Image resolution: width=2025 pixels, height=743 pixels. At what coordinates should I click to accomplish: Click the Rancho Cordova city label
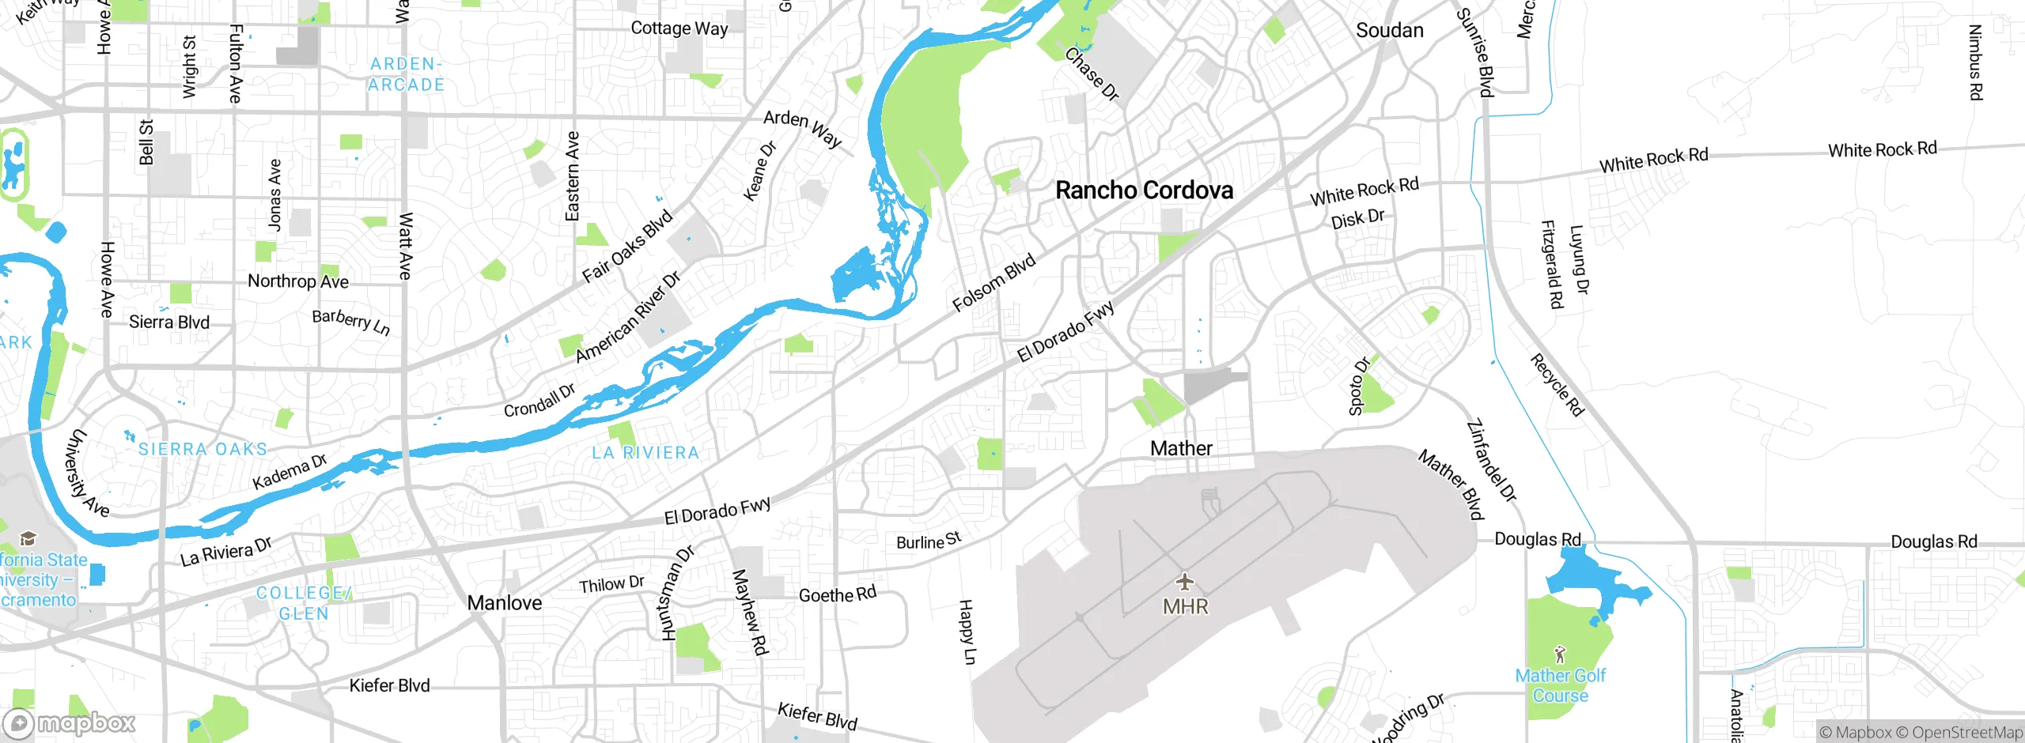pos(1144,190)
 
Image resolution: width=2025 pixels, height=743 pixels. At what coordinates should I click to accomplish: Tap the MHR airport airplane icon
pos(1184,583)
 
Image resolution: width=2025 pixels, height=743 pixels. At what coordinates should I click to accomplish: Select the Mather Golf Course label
pos(1560,685)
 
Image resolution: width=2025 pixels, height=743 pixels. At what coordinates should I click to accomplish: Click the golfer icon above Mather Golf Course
pos(1560,654)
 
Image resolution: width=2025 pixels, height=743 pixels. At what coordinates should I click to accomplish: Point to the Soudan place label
pos(1389,31)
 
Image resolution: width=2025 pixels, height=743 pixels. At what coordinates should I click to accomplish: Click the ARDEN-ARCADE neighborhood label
pos(406,74)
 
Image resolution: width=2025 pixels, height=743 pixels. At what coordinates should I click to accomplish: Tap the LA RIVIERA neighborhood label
pos(645,453)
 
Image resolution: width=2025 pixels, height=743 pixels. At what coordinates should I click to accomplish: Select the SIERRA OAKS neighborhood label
pos(202,449)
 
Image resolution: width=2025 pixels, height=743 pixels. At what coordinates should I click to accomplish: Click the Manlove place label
pos(505,603)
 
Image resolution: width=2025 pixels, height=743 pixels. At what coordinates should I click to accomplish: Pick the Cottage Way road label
pos(679,28)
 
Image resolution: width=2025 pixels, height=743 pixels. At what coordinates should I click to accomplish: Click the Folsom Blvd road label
pos(994,283)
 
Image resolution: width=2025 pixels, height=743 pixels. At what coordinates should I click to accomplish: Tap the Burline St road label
pos(929,541)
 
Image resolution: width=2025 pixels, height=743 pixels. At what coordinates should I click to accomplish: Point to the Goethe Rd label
pos(837,594)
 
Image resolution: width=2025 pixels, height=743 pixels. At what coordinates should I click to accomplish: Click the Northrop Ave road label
pos(297,281)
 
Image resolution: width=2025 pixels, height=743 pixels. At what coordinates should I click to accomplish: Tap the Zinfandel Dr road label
pos(1492,461)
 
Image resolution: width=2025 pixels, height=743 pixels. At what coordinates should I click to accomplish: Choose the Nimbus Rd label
pos(1974,62)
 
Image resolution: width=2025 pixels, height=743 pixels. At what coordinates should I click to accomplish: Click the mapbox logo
pos(70,723)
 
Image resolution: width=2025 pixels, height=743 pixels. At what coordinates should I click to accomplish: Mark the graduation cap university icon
pos(28,539)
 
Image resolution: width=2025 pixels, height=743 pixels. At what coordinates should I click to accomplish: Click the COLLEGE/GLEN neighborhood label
pos(304,603)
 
